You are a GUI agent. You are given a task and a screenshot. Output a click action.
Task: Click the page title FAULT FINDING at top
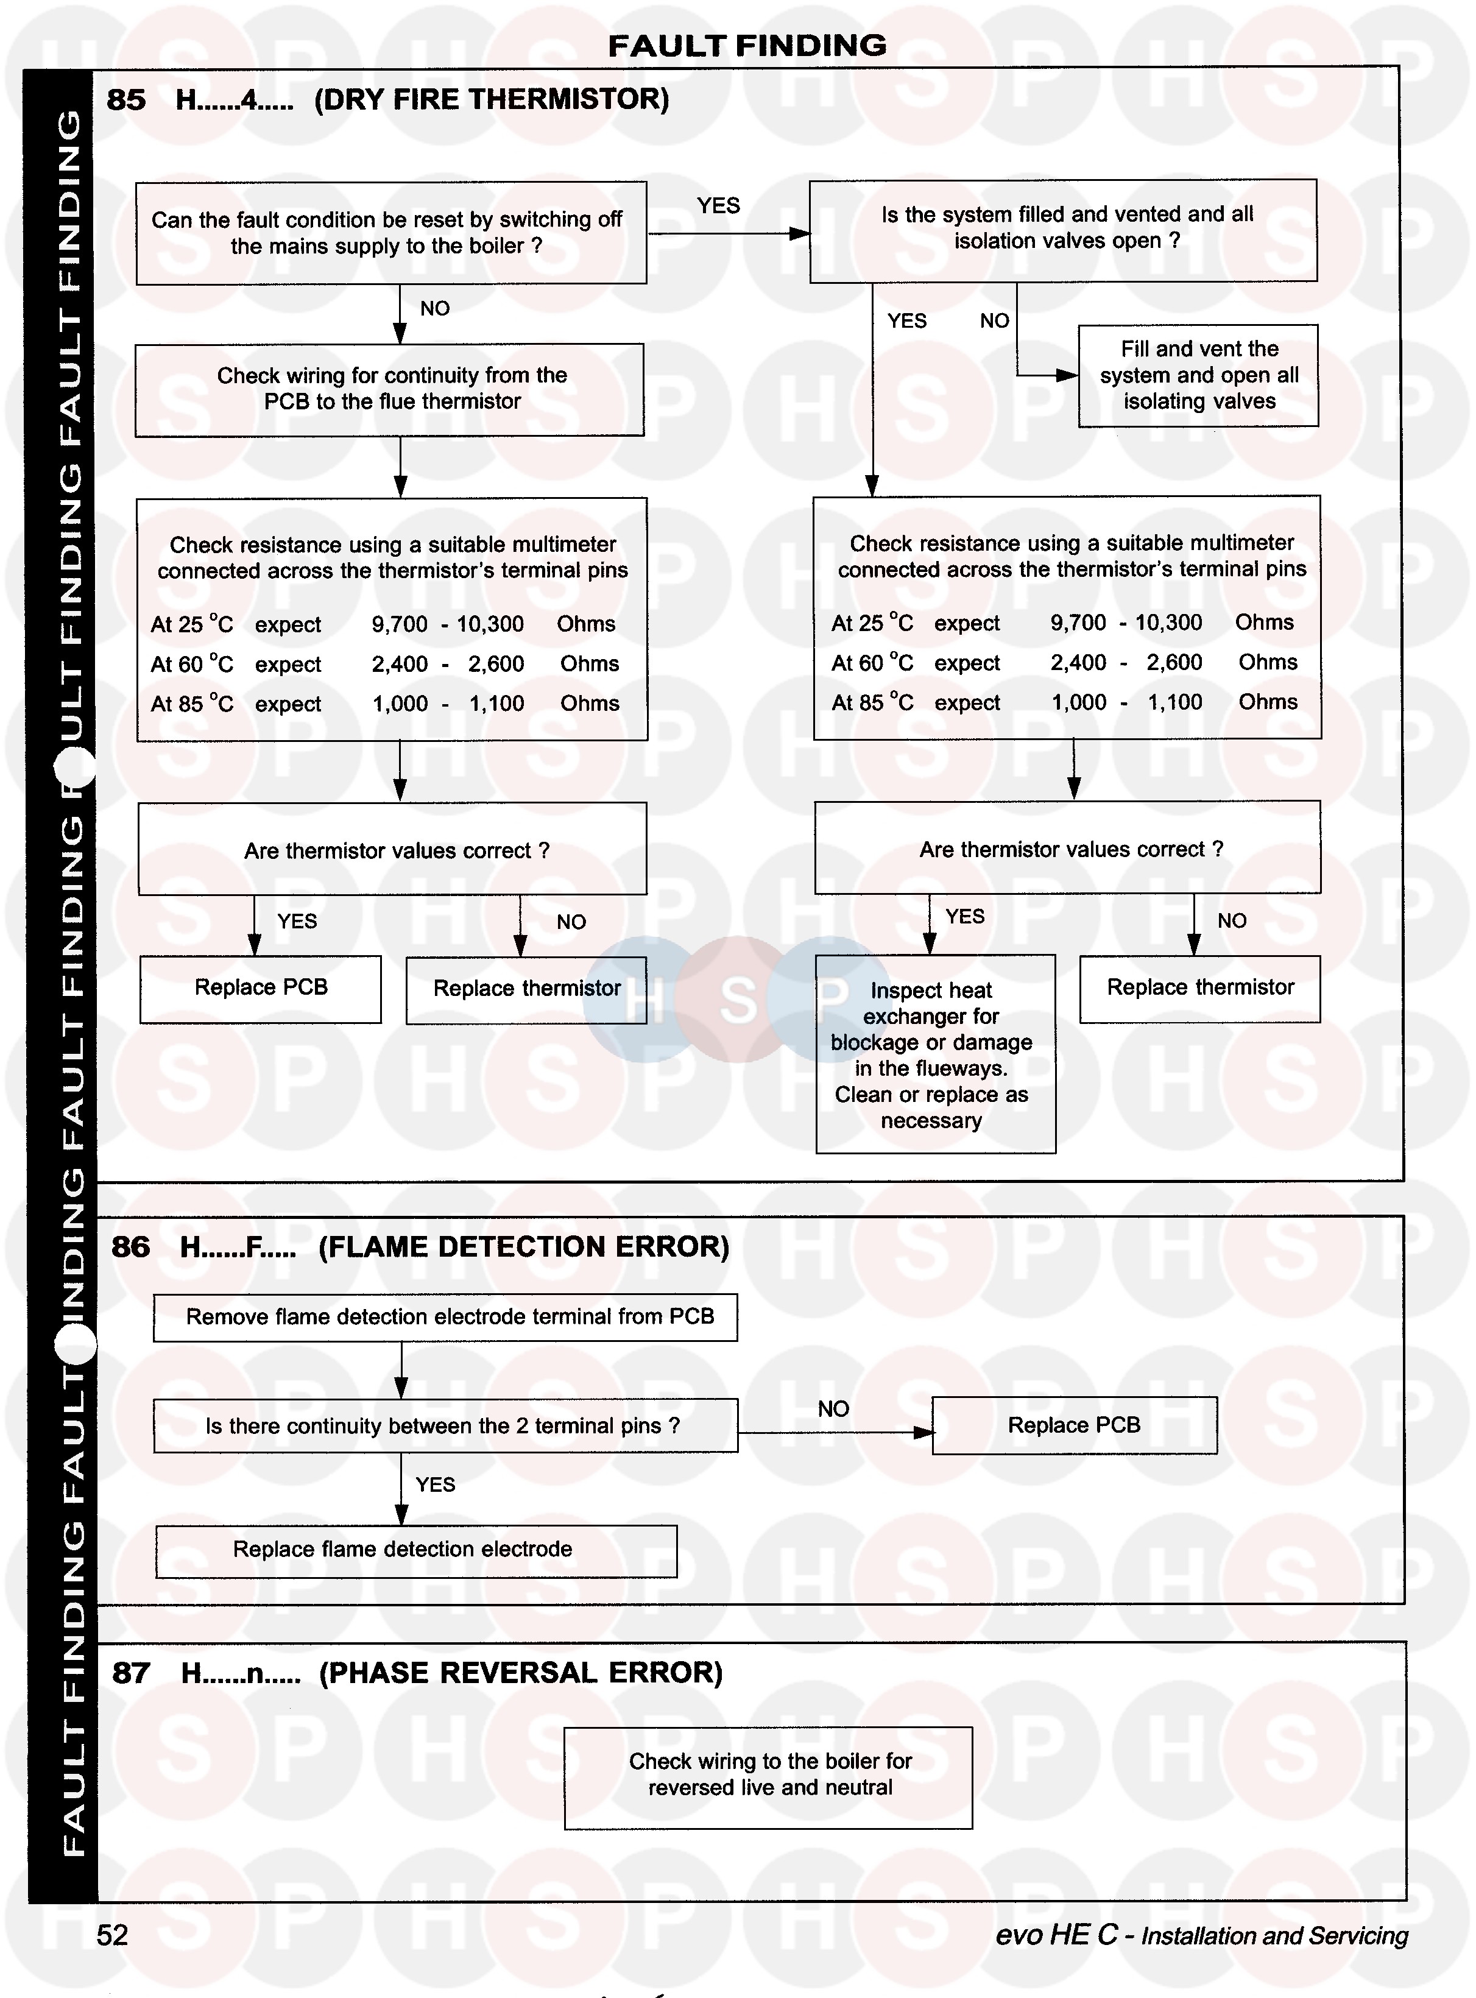[747, 46]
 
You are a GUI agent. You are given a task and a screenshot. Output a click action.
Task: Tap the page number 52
[113, 1935]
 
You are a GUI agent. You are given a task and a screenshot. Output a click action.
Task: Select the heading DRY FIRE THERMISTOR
[492, 99]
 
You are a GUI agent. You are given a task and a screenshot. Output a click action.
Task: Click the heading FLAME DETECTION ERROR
[523, 1246]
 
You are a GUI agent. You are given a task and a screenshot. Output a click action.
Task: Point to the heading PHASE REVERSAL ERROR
[520, 1673]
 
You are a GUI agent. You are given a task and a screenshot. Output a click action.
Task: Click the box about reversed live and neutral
[768, 1777]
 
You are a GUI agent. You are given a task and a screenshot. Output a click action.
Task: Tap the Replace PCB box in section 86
[1074, 1425]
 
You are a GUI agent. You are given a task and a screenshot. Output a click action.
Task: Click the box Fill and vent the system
[1198, 375]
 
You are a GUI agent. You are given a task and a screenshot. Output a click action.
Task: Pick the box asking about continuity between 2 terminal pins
[445, 1426]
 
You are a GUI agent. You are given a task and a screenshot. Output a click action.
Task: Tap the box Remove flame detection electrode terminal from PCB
[445, 1317]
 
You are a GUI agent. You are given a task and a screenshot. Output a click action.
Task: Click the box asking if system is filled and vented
[1063, 230]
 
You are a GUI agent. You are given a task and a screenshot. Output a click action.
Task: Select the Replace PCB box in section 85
[261, 988]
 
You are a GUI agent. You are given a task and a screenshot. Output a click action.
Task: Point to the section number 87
[130, 1673]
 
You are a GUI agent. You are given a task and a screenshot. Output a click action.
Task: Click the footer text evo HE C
[1056, 1935]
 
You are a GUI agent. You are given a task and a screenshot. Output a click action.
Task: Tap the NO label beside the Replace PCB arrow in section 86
[833, 1409]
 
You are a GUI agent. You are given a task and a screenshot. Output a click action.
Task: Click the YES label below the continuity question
[435, 1484]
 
